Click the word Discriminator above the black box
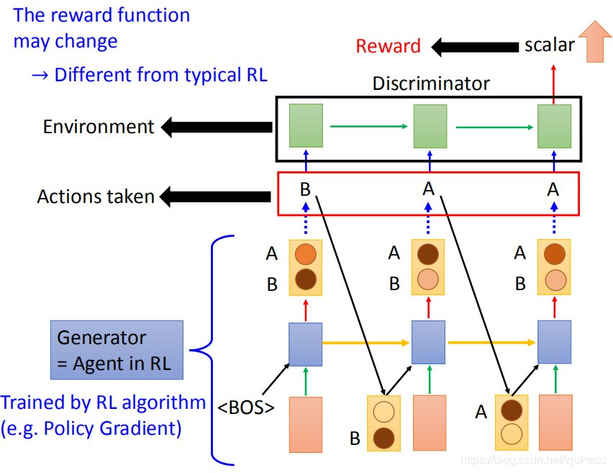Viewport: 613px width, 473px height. (430, 84)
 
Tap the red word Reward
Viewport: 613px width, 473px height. (388, 46)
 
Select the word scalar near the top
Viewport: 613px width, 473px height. (549, 45)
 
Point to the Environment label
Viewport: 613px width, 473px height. (99, 127)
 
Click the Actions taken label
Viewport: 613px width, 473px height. (96, 196)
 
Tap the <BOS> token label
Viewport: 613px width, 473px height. (246, 407)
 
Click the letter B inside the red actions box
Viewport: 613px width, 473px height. (305, 190)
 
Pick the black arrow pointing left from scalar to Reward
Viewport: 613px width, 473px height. (476, 47)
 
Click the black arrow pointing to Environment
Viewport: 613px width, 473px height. (216, 127)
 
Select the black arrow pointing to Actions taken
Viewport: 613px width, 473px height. (216, 195)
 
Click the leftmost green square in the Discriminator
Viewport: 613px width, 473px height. (305, 126)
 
